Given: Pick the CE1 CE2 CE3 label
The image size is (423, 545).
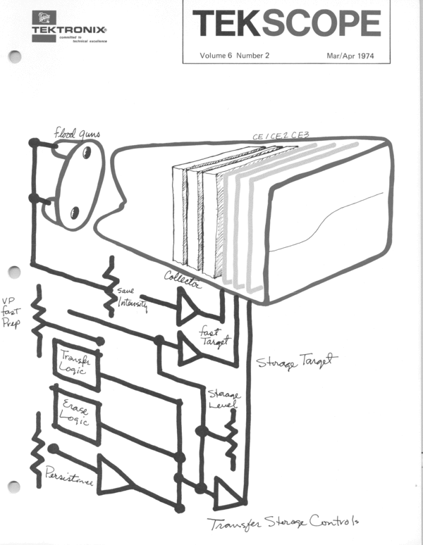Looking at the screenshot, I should coord(281,137).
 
